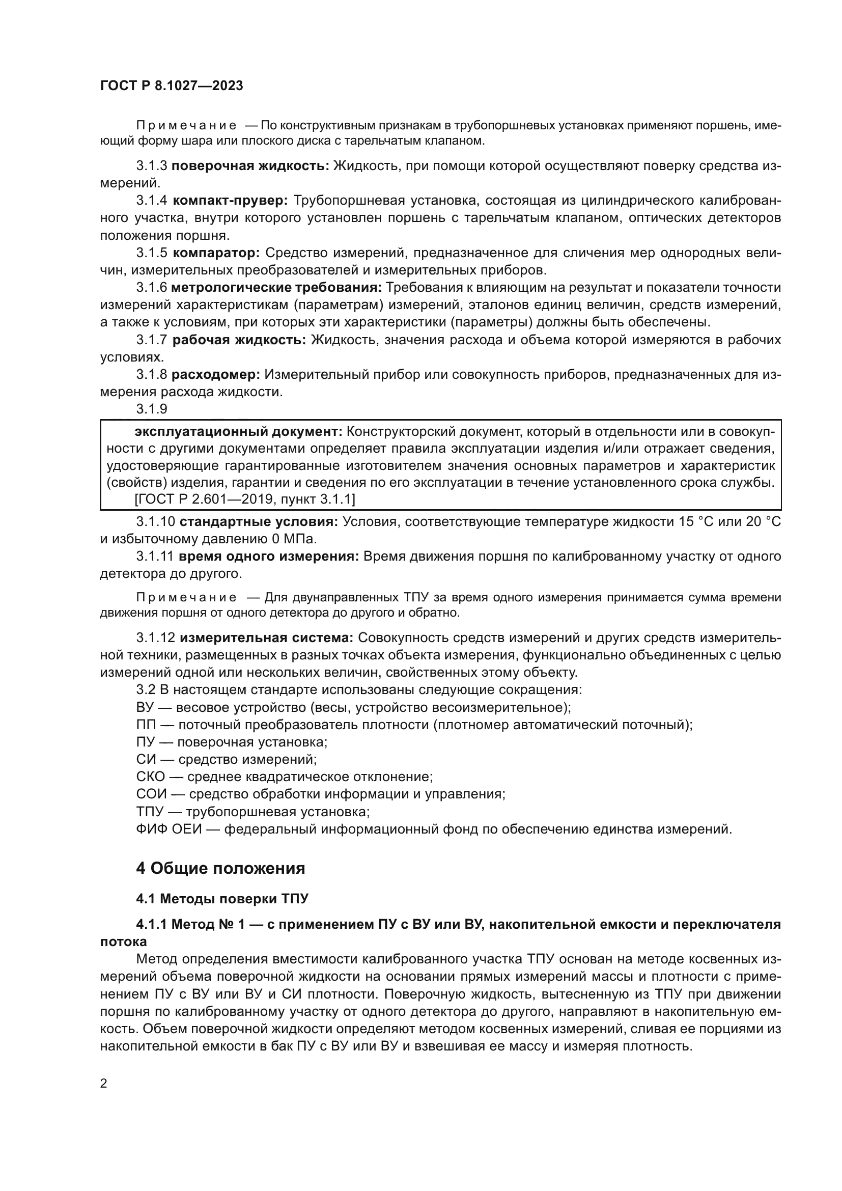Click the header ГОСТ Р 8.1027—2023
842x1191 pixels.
pos(172,86)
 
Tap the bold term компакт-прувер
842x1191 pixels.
pos(231,200)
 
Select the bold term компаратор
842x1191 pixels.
pos(216,253)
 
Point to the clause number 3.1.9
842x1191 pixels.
pos(151,409)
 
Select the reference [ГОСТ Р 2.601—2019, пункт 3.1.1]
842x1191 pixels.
pos(244,499)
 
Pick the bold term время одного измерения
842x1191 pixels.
pos(269,557)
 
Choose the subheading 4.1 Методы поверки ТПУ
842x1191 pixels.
pos(222,898)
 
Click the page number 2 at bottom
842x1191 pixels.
pos(104,1083)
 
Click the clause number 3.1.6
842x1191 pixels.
pos(151,287)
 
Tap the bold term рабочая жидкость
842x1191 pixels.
pos(239,340)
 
